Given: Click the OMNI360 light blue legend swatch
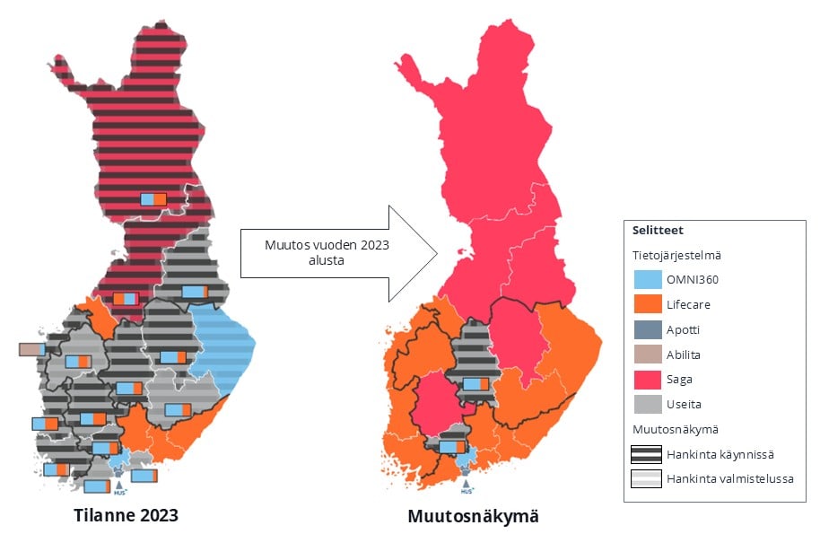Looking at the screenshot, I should pyautogui.click(x=646, y=280).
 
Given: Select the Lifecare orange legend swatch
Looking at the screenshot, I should pyautogui.click(x=646, y=305).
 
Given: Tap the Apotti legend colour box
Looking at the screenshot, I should pyautogui.click(x=646, y=329).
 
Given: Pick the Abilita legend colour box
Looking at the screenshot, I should pyautogui.click(x=646, y=355).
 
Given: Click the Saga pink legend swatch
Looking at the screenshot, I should pyautogui.click(x=646, y=380).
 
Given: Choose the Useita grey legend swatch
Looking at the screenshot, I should pyautogui.click(x=646, y=404).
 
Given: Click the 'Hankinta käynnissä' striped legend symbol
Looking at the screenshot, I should pyautogui.click(x=646, y=453).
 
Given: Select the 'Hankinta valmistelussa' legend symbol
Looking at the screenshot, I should pyautogui.click(x=646, y=478).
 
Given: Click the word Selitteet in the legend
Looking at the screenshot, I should pyautogui.click(x=657, y=231).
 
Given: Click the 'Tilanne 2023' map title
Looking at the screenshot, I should pyautogui.click(x=126, y=515).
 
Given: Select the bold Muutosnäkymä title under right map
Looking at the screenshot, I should pyautogui.click(x=473, y=516).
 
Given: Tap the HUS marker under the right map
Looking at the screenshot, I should pyautogui.click(x=466, y=487).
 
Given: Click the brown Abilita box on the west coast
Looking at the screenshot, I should pyautogui.click(x=31, y=349).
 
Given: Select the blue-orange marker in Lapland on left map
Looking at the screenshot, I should pyautogui.click(x=153, y=198).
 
